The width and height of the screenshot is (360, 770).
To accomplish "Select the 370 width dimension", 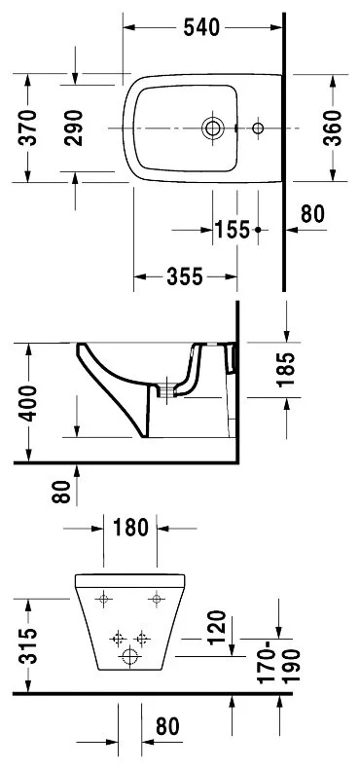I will (x=29, y=127).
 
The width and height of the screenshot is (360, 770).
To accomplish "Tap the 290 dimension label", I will (x=88, y=127).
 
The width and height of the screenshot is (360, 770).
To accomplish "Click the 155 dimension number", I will (x=232, y=230).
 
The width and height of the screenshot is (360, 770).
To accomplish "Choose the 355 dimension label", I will (x=184, y=277).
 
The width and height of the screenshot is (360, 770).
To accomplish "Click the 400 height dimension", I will (x=29, y=402).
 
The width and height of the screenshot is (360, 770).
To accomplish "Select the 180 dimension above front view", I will (x=129, y=530).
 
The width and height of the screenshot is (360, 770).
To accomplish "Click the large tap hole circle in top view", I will (x=212, y=128).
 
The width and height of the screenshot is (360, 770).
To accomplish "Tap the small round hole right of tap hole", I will (x=258, y=128).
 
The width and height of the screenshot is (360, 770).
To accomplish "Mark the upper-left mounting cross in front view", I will (x=105, y=597).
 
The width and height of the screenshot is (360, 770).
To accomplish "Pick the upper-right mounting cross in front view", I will (x=155, y=597).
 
